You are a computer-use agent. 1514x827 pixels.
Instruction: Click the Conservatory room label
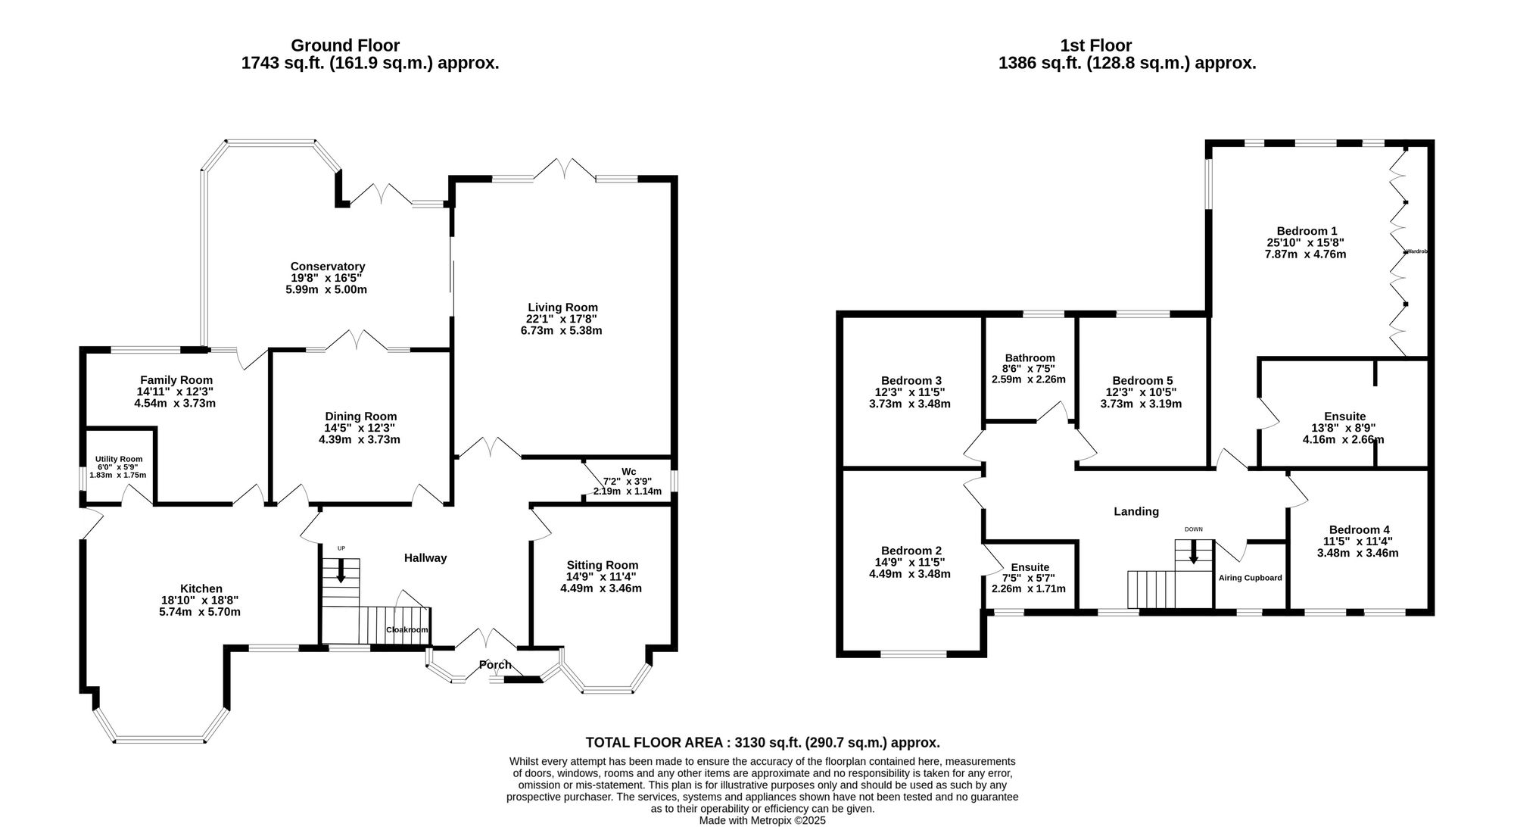tap(327, 267)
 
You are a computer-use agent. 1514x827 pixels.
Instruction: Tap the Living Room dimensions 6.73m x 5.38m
tap(562, 331)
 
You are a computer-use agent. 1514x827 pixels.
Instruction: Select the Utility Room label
tap(118, 459)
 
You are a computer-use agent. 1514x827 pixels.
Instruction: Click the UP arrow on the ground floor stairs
tap(341, 570)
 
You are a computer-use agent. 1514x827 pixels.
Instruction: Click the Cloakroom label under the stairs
tap(407, 630)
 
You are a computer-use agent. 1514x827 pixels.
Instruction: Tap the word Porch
tap(495, 665)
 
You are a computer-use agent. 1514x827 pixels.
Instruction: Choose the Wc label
tap(628, 471)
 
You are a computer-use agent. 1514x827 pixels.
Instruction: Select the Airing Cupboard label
tap(1250, 578)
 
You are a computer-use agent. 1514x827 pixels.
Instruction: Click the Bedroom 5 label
tap(1142, 381)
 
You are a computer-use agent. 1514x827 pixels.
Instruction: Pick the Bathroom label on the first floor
tap(1030, 358)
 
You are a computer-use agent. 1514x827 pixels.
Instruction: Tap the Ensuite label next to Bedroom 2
tap(1030, 567)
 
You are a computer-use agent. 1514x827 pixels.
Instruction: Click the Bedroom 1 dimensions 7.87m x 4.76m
tap(1305, 254)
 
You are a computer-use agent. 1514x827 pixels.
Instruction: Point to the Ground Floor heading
tap(345, 45)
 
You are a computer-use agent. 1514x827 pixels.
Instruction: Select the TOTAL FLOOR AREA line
tap(762, 743)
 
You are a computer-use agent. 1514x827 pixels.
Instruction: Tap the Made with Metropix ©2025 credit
tap(762, 820)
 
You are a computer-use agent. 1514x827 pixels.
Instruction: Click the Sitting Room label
tap(602, 565)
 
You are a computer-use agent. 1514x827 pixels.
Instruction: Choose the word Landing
tap(1135, 512)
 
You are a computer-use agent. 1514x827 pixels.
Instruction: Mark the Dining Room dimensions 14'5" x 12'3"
tap(360, 428)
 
